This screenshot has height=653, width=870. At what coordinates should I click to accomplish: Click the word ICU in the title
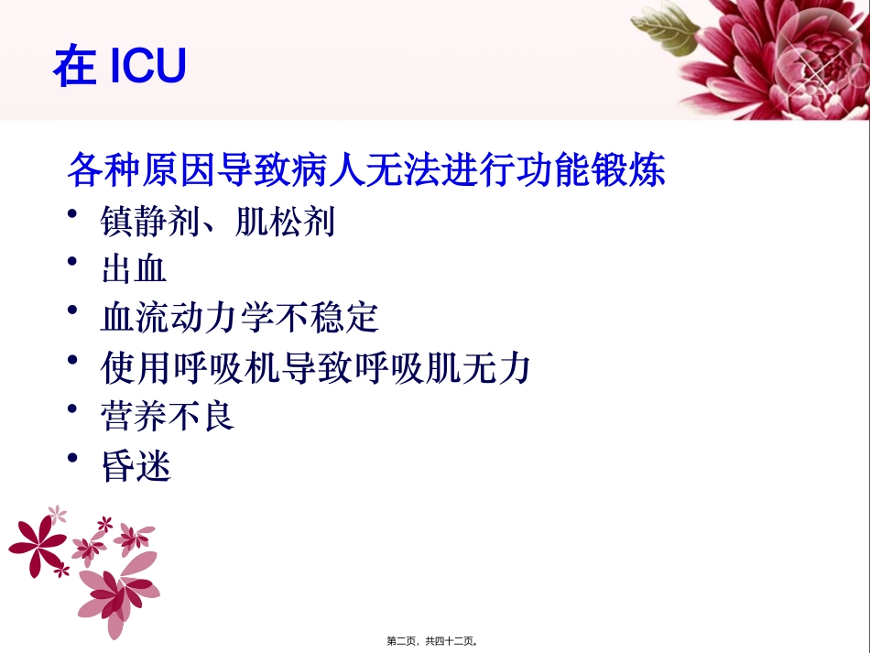coord(147,66)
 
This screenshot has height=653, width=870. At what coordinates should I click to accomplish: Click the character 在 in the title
coord(74,67)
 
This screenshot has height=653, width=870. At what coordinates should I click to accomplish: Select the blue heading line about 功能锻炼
coord(366,171)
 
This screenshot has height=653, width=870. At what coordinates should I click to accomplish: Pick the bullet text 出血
coord(134,270)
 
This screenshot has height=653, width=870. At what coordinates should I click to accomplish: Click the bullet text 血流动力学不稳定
coord(240,319)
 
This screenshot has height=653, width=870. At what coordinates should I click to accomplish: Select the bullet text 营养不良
coord(168,417)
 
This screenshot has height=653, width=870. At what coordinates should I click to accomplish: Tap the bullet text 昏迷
coord(136,466)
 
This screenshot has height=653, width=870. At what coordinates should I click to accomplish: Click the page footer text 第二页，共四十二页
coord(433,641)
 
